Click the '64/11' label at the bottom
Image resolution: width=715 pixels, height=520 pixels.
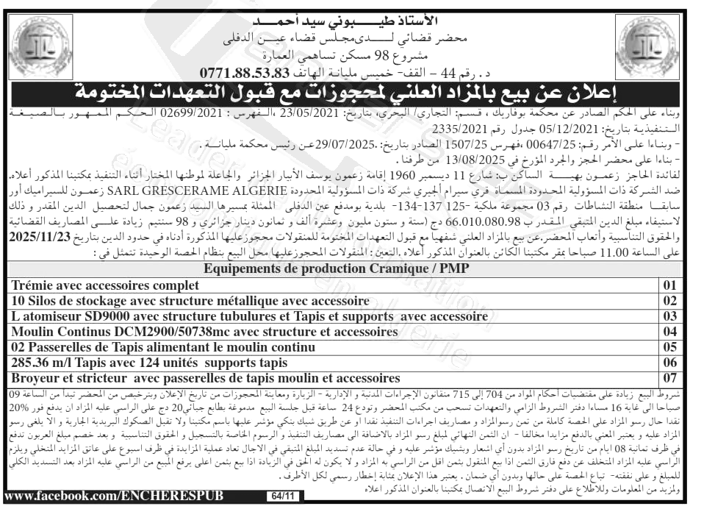point(281,496)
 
